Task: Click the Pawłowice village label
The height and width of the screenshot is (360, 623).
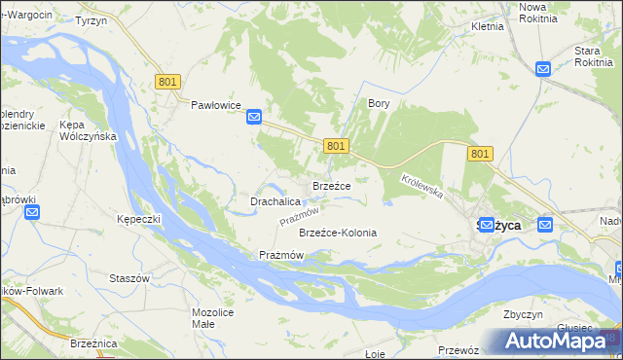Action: (x=215, y=104)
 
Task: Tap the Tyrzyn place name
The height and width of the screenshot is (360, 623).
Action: (x=91, y=20)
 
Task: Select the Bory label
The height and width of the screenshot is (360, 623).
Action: (x=379, y=102)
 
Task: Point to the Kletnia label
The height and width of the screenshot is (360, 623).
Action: (x=487, y=26)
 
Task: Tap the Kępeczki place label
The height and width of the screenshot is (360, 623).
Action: (x=137, y=219)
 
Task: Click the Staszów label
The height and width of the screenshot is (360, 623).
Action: (x=129, y=277)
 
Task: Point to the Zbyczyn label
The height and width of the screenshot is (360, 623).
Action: (x=523, y=314)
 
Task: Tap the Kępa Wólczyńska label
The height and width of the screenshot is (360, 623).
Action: (x=88, y=130)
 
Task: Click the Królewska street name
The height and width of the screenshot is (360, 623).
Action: (x=422, y=186)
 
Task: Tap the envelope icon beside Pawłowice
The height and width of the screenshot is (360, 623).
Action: (x=254, y=117)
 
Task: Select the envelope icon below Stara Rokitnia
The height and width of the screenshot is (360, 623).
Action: (x=543, y=68)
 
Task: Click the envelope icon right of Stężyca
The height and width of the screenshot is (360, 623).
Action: (x=545, y=225)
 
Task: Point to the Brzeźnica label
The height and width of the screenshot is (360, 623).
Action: (x=94, y=343)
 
